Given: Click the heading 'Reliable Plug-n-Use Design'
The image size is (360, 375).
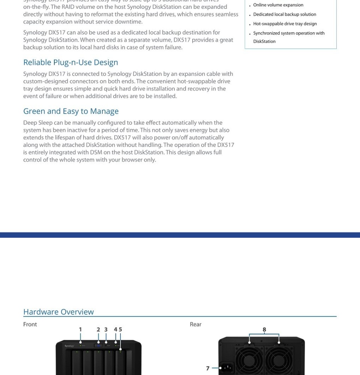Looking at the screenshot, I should [70, 62].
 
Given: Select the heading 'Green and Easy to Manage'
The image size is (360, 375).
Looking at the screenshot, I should [71, 111].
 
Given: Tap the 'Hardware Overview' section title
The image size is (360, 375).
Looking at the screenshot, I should [58, 312].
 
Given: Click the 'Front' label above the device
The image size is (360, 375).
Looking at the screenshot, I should [30, 324].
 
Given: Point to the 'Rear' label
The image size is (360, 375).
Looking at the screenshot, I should [195, 324].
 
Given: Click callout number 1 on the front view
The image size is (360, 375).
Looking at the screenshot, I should [80, 330].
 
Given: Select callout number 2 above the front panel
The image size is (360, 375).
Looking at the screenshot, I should [98, 330].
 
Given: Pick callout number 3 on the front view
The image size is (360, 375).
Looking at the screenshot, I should [106, 330].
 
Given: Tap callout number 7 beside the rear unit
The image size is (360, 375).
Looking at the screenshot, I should [208, 369].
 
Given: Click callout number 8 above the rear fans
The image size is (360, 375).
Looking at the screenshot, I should [264, 330].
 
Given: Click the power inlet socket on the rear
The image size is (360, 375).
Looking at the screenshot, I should [226, 368].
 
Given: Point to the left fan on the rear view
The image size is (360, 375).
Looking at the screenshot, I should [249, 360].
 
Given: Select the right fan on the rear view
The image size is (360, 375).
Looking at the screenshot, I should [279, 360].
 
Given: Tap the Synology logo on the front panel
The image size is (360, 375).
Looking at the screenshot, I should [69, 345].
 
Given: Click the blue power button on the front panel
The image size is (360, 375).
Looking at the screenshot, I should [98, 345].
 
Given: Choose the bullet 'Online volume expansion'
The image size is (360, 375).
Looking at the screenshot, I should [278, 5].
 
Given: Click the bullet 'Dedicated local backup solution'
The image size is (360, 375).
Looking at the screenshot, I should [285, 15].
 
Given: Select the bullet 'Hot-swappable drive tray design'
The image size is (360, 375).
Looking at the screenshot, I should [285, 24].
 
